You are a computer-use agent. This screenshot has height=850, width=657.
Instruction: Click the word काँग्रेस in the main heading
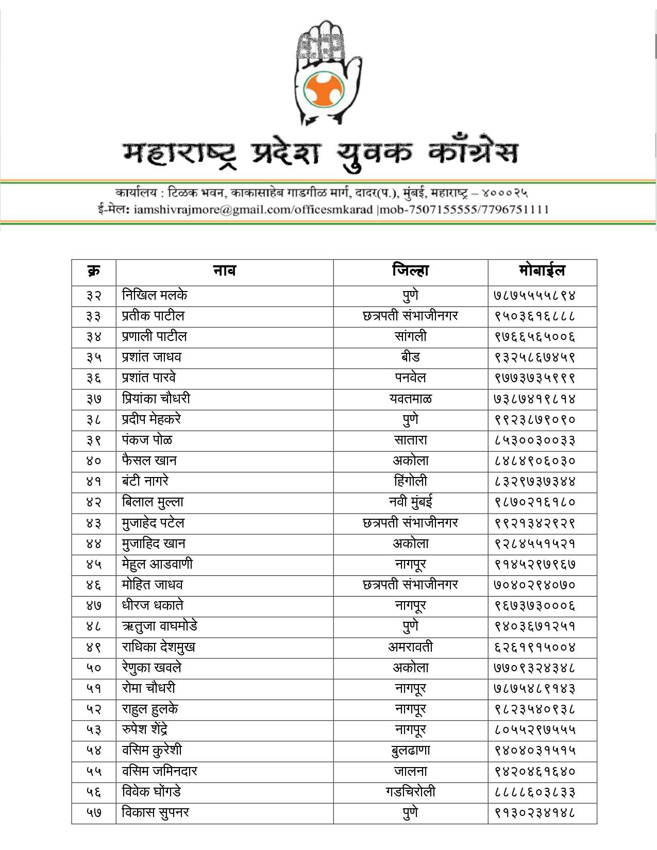(x=473, y=152)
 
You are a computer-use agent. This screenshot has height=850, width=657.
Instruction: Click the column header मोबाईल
(x=542, y=271)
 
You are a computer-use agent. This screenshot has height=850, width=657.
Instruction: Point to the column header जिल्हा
(x=410, y=271)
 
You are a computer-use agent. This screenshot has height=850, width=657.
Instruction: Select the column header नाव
(x=224, y=271)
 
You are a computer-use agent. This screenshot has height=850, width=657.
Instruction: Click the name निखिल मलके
(x=155, y=295)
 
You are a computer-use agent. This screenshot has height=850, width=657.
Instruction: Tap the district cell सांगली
(x=410, y=337)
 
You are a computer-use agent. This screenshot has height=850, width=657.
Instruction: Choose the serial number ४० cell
(x=93, y=461)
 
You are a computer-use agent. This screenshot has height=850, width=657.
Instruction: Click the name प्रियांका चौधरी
(x=156, y=399)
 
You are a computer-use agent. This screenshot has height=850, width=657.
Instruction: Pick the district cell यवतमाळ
(x=410, y=399)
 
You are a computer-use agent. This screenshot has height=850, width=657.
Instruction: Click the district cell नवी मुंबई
(x=410, y=502)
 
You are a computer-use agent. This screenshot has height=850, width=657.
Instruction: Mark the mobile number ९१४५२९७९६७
(x=535, y=565)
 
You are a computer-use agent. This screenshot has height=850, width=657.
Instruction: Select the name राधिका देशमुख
(x=159, y=647)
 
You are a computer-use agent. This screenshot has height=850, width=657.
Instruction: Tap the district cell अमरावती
(x=410, y=647)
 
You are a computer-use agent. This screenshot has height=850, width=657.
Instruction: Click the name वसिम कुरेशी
(x=152, y=751)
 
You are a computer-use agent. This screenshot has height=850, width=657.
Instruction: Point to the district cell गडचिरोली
(x=410, y=792)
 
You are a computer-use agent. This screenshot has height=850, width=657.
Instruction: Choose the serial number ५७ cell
(x=93, y=813)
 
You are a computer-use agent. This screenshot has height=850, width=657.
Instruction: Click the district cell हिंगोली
(x=410, y=482)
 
